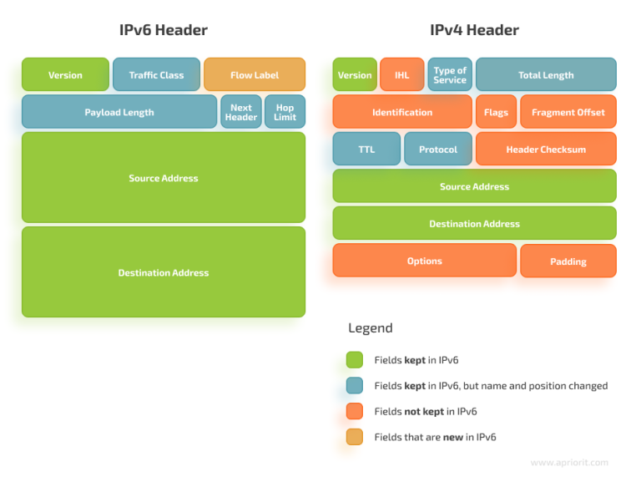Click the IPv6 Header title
tap(163, 30)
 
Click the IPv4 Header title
tap(474, 30)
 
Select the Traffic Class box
tap(156, 74)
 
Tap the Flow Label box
tap(255, 74)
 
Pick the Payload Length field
tap(119, 112)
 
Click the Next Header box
tap(241, 112)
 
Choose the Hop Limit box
tap(285, 112)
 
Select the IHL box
tap(401, 74)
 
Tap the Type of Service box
tap(450, 74)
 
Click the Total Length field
tap(546, 74)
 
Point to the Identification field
tap(402, 112)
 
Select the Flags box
tap(496, 112)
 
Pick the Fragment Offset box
tap(568, 112)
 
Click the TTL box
tap(366, 149)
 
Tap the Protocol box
tap(438, 149)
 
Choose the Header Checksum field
tap(546, 149)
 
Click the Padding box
tap(568, 261)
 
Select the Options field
tap(424, 261)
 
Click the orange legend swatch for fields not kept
tap(355, 411)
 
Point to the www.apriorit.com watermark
tap(569, 462)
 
